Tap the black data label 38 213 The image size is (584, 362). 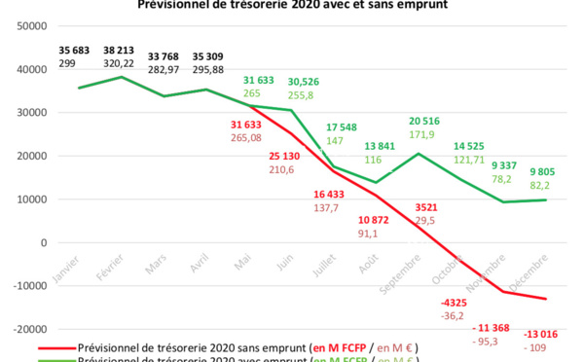tap(109, 49)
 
